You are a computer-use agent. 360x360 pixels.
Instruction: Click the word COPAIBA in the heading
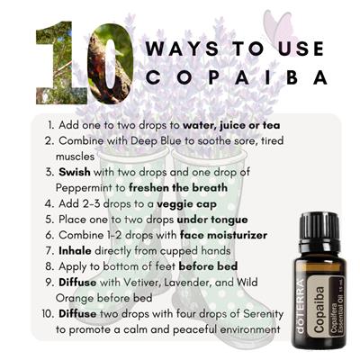pos(237,77)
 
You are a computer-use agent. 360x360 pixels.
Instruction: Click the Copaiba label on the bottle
pos(319,310)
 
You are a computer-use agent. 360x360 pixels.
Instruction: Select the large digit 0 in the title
pos(110,63)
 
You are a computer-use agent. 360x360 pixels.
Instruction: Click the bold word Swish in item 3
pos(75,172)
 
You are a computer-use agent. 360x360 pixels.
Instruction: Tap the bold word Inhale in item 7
pos(75,250)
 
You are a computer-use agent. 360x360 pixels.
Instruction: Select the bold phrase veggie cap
pos(186,204)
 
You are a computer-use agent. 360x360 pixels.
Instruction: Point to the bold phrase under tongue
pos(212,220)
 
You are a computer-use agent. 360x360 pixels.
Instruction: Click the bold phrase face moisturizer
pos(223,235)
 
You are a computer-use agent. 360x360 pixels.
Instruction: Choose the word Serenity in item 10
pos(264,314)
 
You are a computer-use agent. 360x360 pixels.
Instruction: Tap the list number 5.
pos(49,220)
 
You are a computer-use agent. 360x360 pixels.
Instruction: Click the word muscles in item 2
pos(75,157)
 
